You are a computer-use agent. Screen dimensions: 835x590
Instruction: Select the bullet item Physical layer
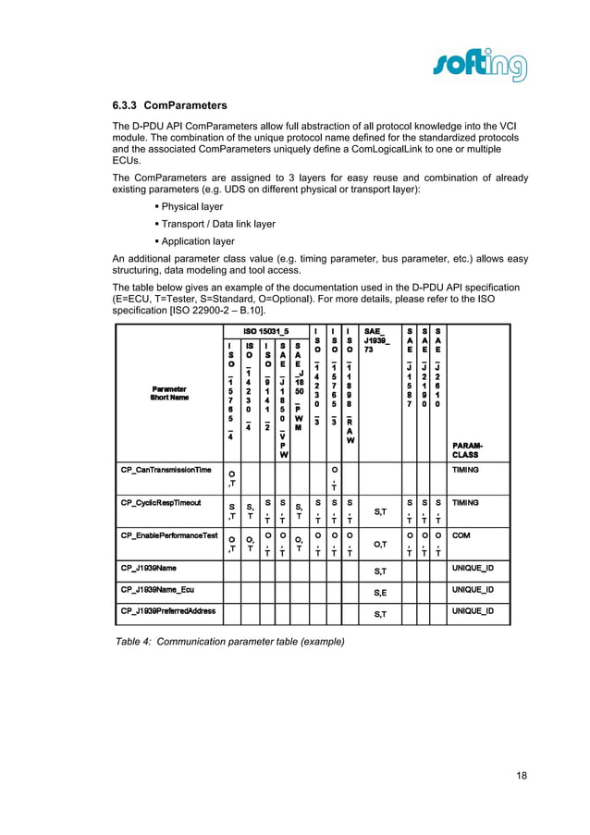[191, 207]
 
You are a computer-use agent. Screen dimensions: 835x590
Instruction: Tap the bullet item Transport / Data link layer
[217, 224]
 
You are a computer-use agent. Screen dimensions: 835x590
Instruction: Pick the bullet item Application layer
[197, 241]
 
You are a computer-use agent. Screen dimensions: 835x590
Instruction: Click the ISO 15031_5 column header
[266, 330]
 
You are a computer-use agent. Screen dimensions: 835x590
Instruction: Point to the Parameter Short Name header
[169, 394]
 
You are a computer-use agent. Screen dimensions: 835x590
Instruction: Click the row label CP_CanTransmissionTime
[166, 470]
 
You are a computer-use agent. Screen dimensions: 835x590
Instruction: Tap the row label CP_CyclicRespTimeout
[163, 503]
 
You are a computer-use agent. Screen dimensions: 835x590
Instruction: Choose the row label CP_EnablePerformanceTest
[169, 535]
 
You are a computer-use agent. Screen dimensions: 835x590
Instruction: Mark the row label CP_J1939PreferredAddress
[170, 611]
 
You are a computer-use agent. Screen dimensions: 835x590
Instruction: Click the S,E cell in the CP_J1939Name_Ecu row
[379, 591]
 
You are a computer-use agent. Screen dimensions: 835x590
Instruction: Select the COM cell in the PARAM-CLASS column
[461, 535]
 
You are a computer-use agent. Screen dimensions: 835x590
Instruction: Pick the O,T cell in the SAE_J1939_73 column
[379, 545]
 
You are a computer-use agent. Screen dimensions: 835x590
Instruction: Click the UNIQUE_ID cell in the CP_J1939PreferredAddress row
[473, 611]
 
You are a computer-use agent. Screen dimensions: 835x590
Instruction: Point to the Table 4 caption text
[229, 641]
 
